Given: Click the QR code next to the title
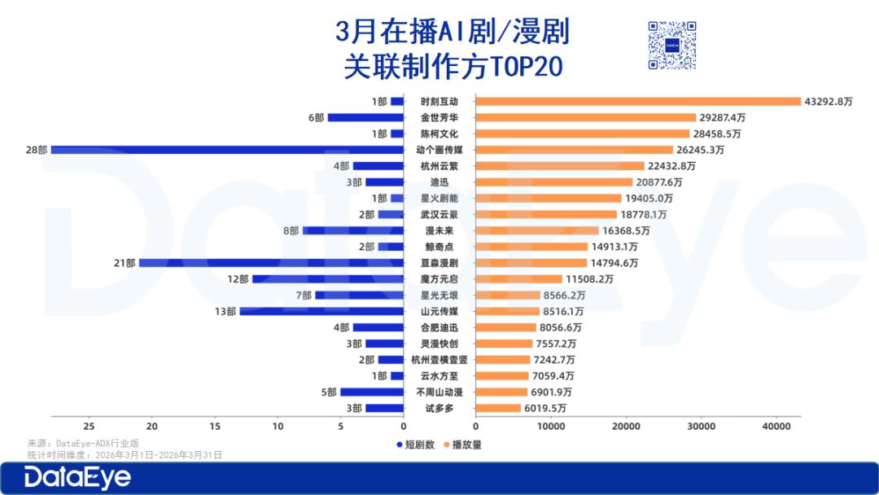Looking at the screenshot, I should (672, 46).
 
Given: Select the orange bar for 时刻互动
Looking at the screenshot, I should (638, 102).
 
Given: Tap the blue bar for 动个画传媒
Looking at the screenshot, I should (227, 150).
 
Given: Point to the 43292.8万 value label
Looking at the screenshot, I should (829, 102).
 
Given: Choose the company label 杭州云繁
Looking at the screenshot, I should (439, 166).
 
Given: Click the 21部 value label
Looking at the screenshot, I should (125, 263).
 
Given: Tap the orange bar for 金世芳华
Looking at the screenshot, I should (585, 118).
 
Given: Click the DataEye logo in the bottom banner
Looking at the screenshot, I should (77, 478).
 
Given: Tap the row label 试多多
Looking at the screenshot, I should (439, 408).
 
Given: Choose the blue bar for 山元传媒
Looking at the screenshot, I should (321, 311).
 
